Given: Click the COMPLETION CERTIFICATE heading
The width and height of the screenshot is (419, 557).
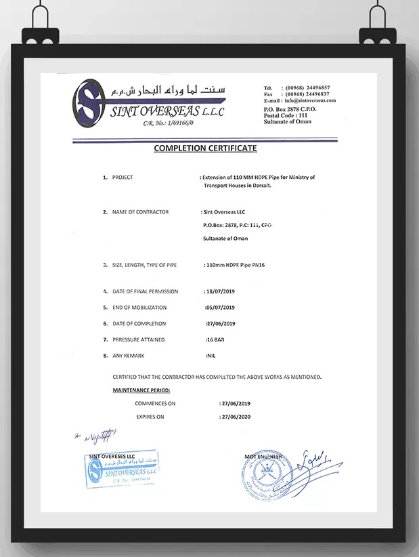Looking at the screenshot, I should click(205, 148).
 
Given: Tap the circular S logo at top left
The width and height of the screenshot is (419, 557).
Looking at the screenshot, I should click(90, 104).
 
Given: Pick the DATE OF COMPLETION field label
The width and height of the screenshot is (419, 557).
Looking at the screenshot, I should click(139, 324).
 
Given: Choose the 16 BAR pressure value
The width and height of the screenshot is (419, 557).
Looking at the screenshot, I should click(215, 339).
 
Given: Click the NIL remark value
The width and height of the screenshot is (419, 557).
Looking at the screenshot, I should click(210, 356).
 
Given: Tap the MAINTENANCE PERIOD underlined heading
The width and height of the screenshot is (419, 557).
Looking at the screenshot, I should click(141, 390).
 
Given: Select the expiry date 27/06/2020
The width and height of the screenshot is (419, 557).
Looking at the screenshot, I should click(235, 417).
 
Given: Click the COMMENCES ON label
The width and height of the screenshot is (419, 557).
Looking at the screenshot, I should click(155, 403).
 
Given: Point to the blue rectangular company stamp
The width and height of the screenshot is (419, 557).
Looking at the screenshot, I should click(122, 472).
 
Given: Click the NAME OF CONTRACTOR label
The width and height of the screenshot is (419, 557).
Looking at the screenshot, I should click(140, 212).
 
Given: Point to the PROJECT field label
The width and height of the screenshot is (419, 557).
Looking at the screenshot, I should click(123, 177).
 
